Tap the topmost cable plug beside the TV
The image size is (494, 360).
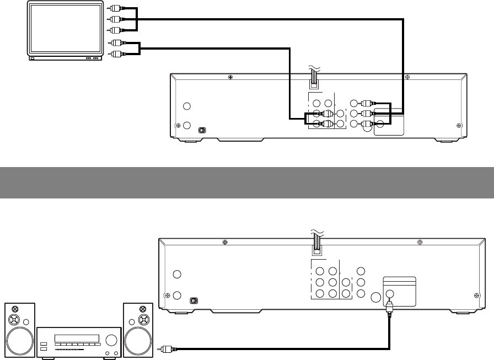point(115,8)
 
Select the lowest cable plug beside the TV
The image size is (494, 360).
point(115,54)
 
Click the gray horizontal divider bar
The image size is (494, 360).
point(247,182)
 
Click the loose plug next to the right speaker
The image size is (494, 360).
point(164,348)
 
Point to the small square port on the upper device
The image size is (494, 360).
point(202,130)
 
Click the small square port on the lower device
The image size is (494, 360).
point(193,301)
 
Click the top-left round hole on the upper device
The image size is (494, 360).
point(187,106)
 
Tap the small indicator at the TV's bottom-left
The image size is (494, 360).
point(33,58)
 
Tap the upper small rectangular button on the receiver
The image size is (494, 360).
point(44,344)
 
